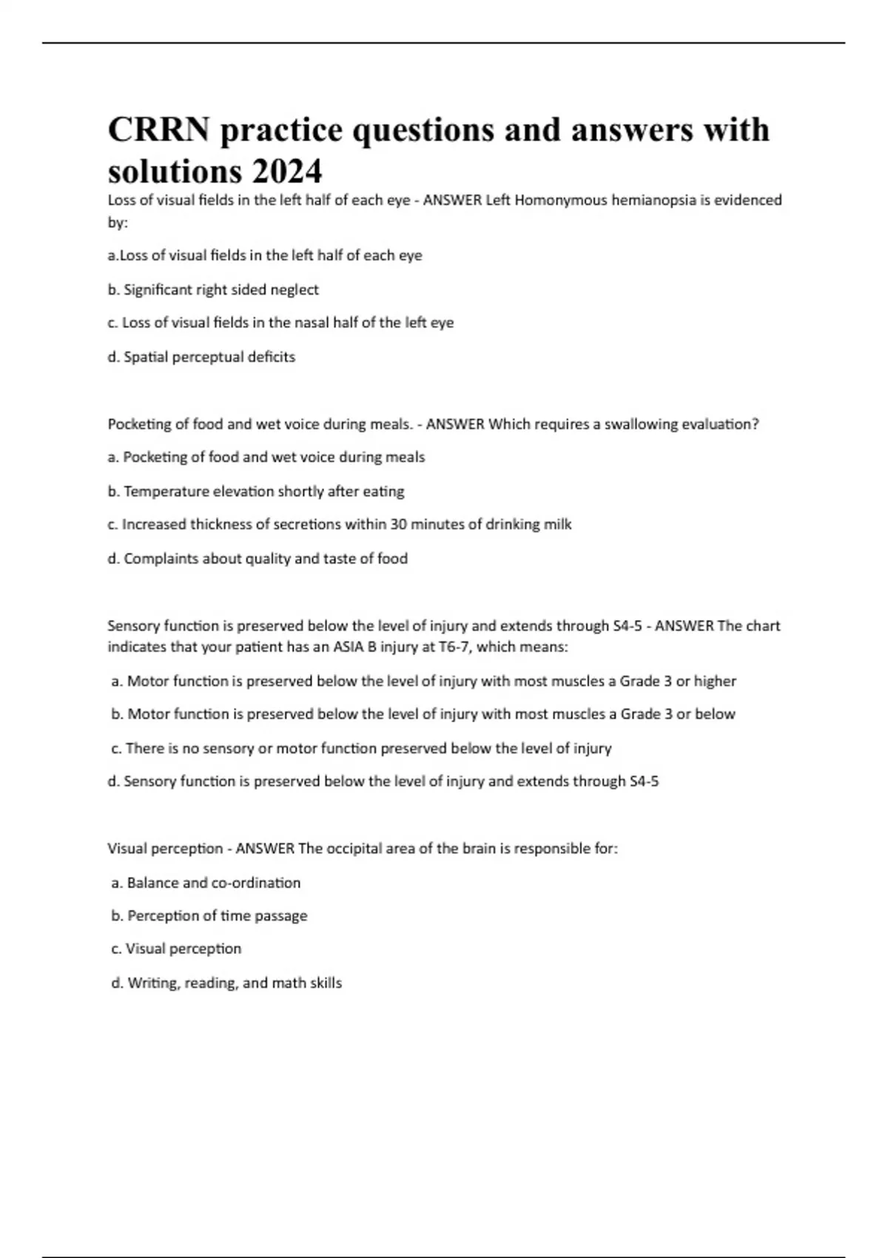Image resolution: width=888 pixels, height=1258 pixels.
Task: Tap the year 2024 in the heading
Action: (286, 172)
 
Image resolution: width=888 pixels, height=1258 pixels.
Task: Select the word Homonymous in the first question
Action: (565, 200)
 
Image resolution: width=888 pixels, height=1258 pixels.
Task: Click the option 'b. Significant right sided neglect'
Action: (213, 289)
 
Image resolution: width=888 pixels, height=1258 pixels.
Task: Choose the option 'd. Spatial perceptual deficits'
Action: (201, 357)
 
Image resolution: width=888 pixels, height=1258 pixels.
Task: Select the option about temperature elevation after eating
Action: (256, 491)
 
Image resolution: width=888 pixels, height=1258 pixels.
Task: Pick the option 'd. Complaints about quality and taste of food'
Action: (258, 559)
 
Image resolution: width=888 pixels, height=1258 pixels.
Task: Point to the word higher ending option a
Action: (715, 681)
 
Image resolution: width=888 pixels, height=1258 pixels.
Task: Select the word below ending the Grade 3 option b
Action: (715, 714)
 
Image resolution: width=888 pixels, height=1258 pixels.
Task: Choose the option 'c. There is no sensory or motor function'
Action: (361, 748)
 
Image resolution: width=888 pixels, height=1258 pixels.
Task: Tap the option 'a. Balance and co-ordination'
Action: (206, 883)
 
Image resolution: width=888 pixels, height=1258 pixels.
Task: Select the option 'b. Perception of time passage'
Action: (209, 916)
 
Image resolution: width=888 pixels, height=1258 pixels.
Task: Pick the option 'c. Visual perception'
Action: (176, 949)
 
